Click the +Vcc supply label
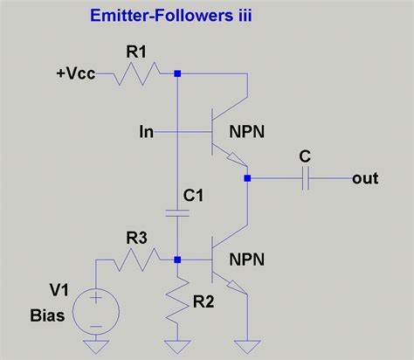[76, 74]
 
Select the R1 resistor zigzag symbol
[137, 74]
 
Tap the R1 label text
[137, 52]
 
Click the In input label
[147, 132]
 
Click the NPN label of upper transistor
[248, 132]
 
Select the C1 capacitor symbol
[177, 211]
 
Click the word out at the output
[365, 178]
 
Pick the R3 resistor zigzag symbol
[141, 259]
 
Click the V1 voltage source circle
[95, 309]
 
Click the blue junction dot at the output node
[248, 178]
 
